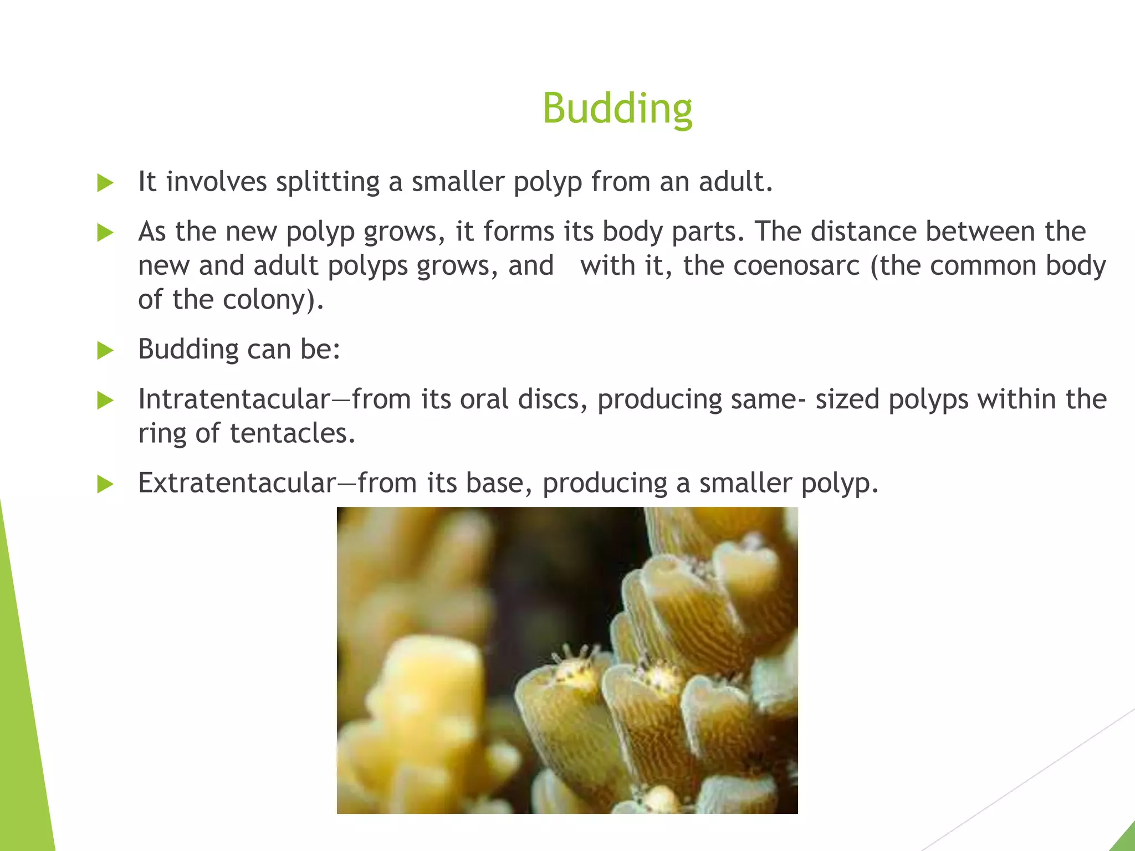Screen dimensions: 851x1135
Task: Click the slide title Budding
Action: [617, 108]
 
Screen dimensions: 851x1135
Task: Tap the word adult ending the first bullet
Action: [735, 182]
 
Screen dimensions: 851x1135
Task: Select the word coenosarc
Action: [796, 265]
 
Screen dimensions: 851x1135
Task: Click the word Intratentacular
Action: [234, 399]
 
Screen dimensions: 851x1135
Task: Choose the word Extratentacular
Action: [237, 483]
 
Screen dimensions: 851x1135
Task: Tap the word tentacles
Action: [292, 433]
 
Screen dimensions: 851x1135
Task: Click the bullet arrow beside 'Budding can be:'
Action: [105, 350]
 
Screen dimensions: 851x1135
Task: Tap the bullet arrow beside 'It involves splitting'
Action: [105, 183]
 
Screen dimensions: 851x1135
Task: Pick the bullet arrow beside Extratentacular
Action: [105, 484]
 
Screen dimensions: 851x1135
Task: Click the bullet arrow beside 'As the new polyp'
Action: [105, 232]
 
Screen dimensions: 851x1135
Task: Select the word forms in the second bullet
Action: [518, 231]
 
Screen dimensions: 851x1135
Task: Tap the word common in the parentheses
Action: [983, 265]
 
